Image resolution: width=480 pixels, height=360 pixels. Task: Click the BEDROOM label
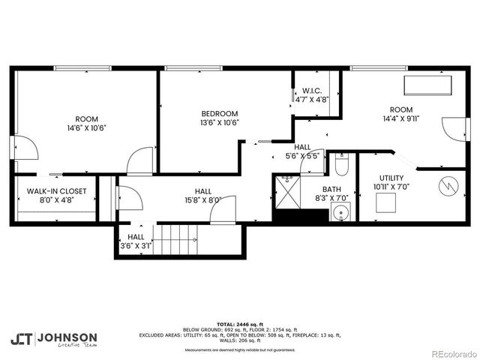pos(219,113)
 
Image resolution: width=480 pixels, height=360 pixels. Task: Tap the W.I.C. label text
pos(312,91)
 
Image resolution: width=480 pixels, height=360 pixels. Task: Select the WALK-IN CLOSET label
pos(57,191)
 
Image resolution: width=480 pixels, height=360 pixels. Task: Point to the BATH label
pos(331,189)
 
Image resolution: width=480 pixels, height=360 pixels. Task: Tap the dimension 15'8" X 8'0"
pos(202,200)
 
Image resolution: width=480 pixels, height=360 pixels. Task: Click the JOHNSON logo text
pos(67,337)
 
